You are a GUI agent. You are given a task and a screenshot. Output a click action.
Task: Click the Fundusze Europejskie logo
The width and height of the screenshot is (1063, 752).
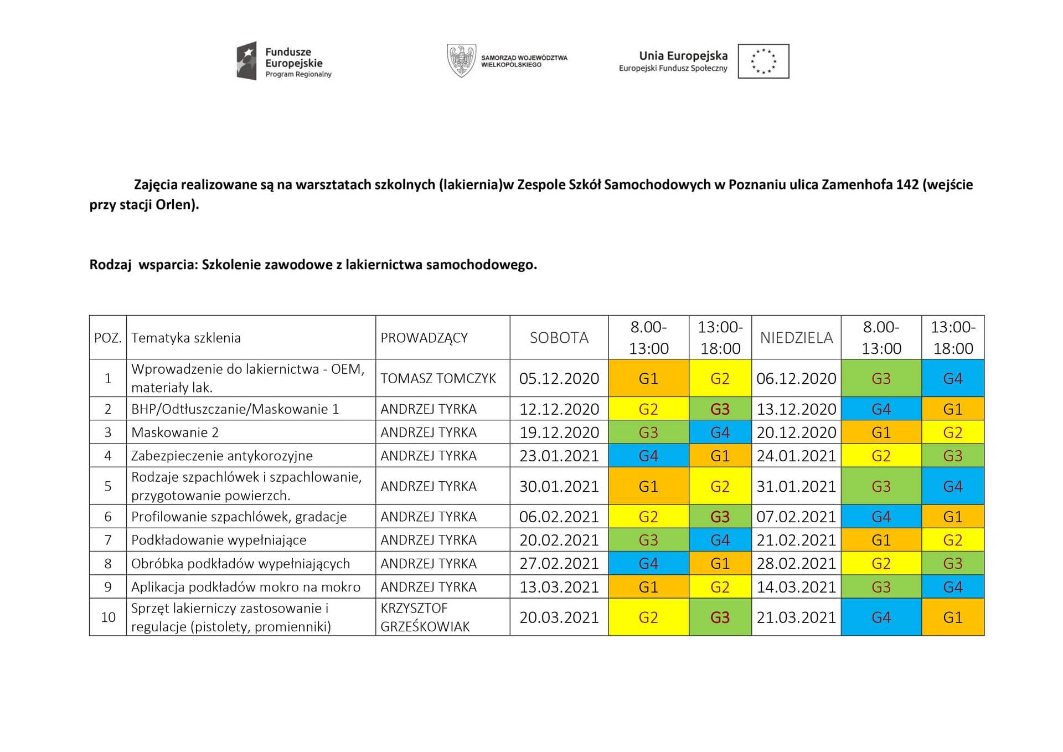(x=283, y=61)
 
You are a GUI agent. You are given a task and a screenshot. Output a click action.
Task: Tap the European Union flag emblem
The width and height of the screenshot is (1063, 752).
(x=763, y=61)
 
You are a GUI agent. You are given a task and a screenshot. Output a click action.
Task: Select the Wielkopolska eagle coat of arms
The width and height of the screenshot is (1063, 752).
(x=461, y=61)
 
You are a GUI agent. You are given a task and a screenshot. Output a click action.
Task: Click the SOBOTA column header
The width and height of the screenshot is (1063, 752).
(x=559, y=338)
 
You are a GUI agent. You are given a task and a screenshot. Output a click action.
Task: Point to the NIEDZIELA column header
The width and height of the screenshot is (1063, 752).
(x=796, y=338)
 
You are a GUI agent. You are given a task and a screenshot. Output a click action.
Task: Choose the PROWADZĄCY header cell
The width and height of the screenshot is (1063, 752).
(x=424, y=338)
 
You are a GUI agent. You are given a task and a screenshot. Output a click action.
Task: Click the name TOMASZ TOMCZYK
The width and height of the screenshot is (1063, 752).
(x=438, y=379)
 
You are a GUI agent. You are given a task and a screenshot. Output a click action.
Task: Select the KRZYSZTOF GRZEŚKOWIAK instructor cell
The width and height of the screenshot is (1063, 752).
(x=425, y=617)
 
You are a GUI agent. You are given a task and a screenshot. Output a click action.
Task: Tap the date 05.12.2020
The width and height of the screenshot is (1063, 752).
(x=559, y=379)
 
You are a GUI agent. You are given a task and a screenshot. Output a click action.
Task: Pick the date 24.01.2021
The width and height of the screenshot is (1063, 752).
(x=796, y=456)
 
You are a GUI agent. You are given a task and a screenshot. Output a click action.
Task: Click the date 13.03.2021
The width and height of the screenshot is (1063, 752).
(x=559, y=587)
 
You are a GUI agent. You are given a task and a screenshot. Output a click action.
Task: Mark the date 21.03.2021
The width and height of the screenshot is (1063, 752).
(x=796, y=617)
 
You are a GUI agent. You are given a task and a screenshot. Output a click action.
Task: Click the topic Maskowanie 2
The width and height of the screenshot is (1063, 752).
(x=175, y=432)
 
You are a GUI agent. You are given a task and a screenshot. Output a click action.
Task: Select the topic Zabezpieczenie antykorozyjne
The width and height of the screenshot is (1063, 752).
(x=222, y=456)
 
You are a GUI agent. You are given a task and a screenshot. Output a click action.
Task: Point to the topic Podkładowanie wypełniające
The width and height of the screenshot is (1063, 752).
(x=219, y=540)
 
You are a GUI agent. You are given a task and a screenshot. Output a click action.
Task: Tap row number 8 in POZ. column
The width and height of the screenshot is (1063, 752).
(x=108, y=564)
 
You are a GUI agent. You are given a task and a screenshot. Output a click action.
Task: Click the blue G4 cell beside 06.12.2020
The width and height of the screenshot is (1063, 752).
(x=953, y=379)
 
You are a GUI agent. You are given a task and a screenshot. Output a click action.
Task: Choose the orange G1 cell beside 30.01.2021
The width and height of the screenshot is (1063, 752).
(x=648, y=486)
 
